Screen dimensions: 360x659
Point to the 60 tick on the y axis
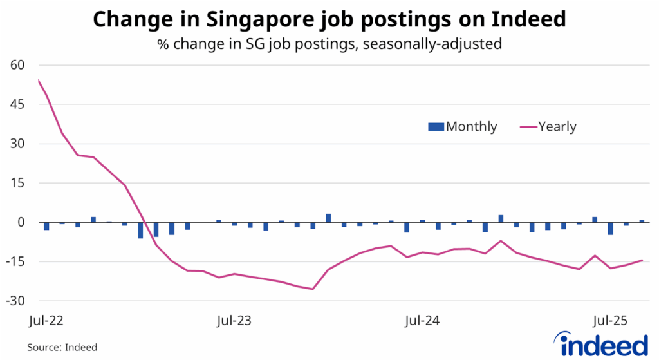[16, 65]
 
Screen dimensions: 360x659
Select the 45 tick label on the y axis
[16, 104]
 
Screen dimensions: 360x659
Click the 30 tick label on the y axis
[16, 144]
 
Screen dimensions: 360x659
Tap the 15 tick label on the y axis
[16, 183]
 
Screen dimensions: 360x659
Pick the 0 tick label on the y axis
[20, 222]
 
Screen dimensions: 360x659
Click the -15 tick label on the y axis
[14, 261]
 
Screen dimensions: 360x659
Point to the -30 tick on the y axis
[14, 301]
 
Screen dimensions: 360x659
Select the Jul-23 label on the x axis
[235, 319]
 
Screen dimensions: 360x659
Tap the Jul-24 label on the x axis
[423, 319]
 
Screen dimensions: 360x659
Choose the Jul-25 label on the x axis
[611, 319]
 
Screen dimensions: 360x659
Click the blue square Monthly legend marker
[436, 127]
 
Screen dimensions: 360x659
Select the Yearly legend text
[557, 127]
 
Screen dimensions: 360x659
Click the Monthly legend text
[472, 127]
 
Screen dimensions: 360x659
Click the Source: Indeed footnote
[62, 347]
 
